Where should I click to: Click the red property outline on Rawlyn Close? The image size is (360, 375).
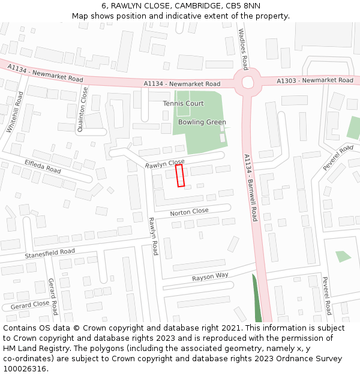coord(179,176)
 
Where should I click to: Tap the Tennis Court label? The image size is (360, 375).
coord(183,104)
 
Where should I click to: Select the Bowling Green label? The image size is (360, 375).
coord(202,122)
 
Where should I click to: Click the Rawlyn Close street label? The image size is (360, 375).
coord(164,164)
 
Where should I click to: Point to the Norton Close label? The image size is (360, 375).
coord(189,212)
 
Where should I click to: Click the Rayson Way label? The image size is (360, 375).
coord(210,277)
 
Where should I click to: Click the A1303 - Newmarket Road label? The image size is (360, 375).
coord(315,80)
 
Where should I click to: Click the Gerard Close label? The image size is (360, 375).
coord(29,304)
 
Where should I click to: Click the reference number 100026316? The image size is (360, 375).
coord(23,368)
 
